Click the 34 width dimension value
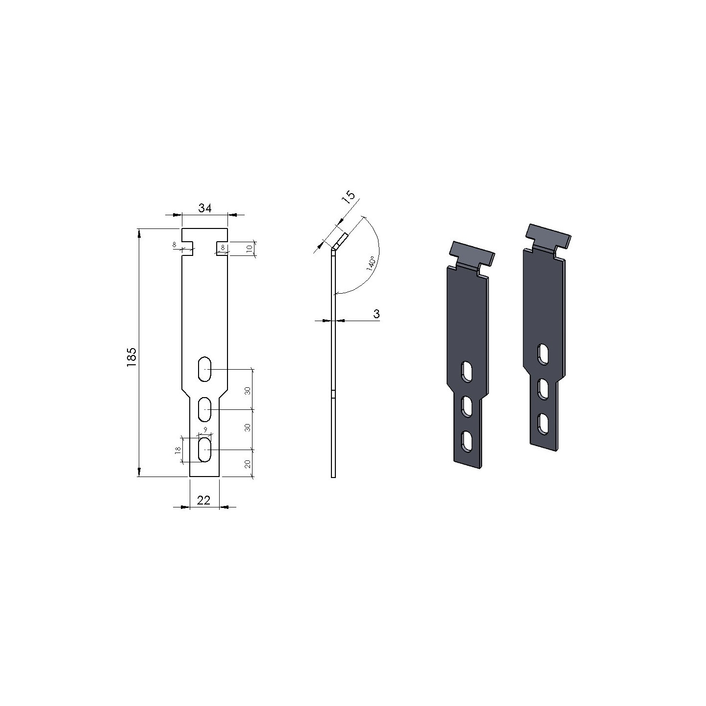tap(205, 208)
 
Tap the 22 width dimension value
tap(203, 500)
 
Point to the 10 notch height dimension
tap(249, 248)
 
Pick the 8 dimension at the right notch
tap(223, 248)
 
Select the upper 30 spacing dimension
tap(248, 391)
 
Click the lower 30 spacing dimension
tap(248, 427)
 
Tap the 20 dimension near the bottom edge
tap(248, 464)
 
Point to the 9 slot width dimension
tap(205, 429)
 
